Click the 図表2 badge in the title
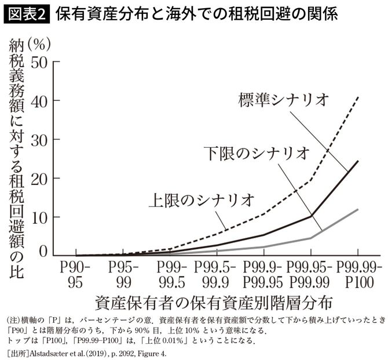27,14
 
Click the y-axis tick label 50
41,62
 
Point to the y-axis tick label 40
41,100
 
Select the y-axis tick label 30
41,139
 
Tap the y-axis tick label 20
41,178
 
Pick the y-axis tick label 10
41,217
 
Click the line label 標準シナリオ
284,99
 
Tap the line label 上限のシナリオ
202,201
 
